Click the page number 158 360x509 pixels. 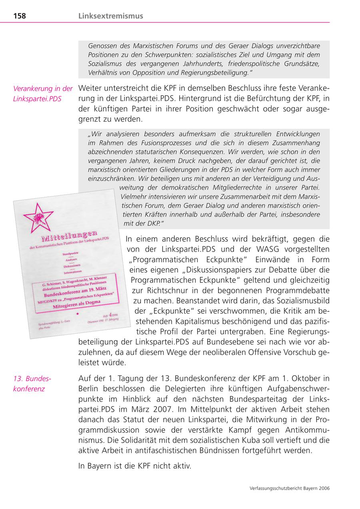click(20, 16)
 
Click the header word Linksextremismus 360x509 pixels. click(110, 16)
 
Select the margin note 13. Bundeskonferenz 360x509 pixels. click(32, 383)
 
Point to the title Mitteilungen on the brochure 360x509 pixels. click(70, 239)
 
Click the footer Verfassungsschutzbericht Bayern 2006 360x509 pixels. click(289, 488)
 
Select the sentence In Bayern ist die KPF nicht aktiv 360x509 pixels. click(135, 466)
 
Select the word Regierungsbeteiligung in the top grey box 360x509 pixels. click(214, 72)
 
